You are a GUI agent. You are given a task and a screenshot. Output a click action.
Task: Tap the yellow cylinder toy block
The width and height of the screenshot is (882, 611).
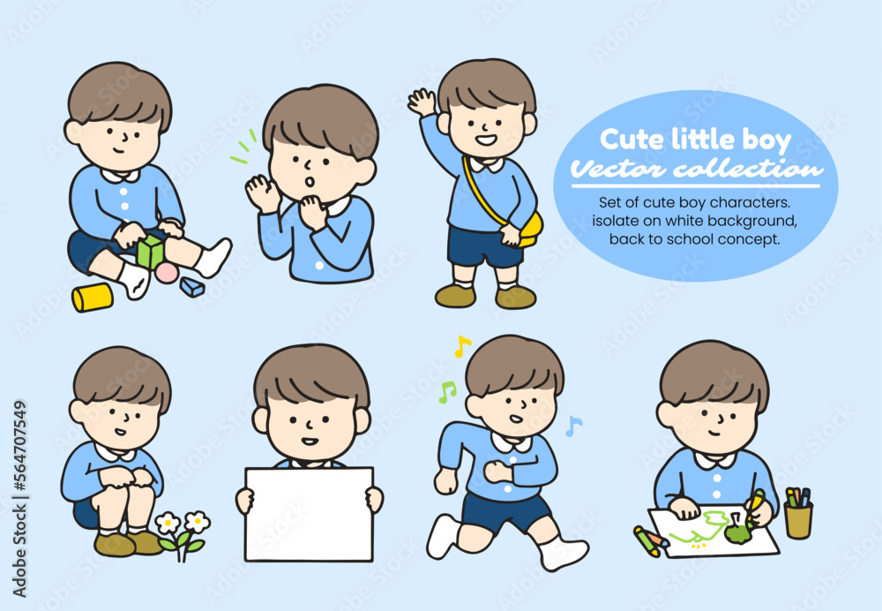coord(93,298)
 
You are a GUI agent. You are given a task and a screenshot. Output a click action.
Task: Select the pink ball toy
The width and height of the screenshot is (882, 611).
coord(167,273)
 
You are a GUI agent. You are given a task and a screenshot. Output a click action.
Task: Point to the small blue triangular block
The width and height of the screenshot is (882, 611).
coord(192,287)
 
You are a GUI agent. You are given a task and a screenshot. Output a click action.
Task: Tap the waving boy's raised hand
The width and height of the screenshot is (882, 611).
coord(422,102)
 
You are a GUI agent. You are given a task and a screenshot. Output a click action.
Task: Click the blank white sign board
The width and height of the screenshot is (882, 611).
coord(310,514)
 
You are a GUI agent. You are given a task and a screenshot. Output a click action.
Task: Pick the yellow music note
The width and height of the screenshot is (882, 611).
coord(462,346)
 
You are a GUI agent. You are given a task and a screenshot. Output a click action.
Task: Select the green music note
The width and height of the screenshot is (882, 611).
coord(447,392)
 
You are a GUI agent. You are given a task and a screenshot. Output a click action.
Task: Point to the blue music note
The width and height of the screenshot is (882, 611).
coord(573,426)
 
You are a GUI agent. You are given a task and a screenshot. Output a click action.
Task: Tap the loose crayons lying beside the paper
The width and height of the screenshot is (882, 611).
coord(651,541)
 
